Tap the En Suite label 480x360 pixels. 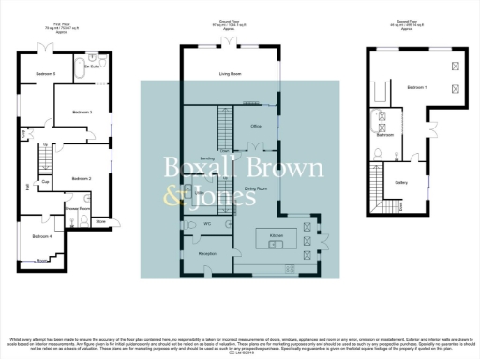tap(92, 67)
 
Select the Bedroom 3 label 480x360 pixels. tap(82, 112)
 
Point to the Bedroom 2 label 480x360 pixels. tap(82, 177)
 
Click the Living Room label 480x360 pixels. tap(231, 73)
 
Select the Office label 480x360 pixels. tap(253, 124)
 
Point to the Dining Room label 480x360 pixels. tap(257, 188)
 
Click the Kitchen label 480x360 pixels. tap(277, 233)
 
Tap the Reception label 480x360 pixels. tap(207, 253)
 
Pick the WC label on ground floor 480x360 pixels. tap(206, 225)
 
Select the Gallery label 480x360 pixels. tap(401, 183)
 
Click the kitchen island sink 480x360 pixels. tap(274, 245)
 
